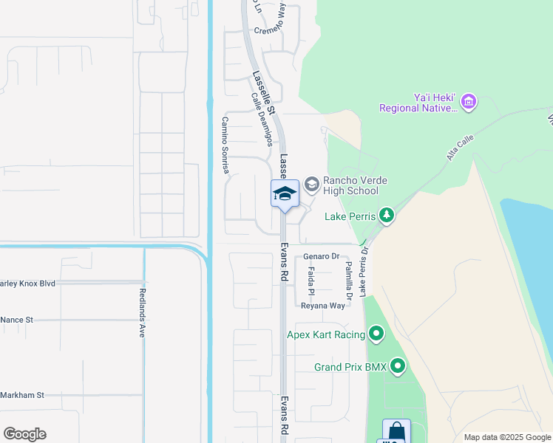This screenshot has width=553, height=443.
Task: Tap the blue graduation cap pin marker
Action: pos(285,194)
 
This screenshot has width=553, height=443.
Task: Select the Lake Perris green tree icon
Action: pos(386,216)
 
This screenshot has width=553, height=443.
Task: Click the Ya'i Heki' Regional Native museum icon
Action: pos(469,101)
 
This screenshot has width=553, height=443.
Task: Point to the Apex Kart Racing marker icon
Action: pos(376,335)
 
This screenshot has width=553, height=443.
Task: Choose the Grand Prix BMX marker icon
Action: pos(398,366)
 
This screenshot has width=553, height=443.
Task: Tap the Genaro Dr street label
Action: pos(321,256)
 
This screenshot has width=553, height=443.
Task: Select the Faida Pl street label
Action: pos(311,281)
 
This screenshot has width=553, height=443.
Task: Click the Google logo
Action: pos(24,434)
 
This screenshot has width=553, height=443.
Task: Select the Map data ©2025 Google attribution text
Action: pos(506,437)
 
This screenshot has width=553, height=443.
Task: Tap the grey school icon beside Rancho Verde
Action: pos(311,183)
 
